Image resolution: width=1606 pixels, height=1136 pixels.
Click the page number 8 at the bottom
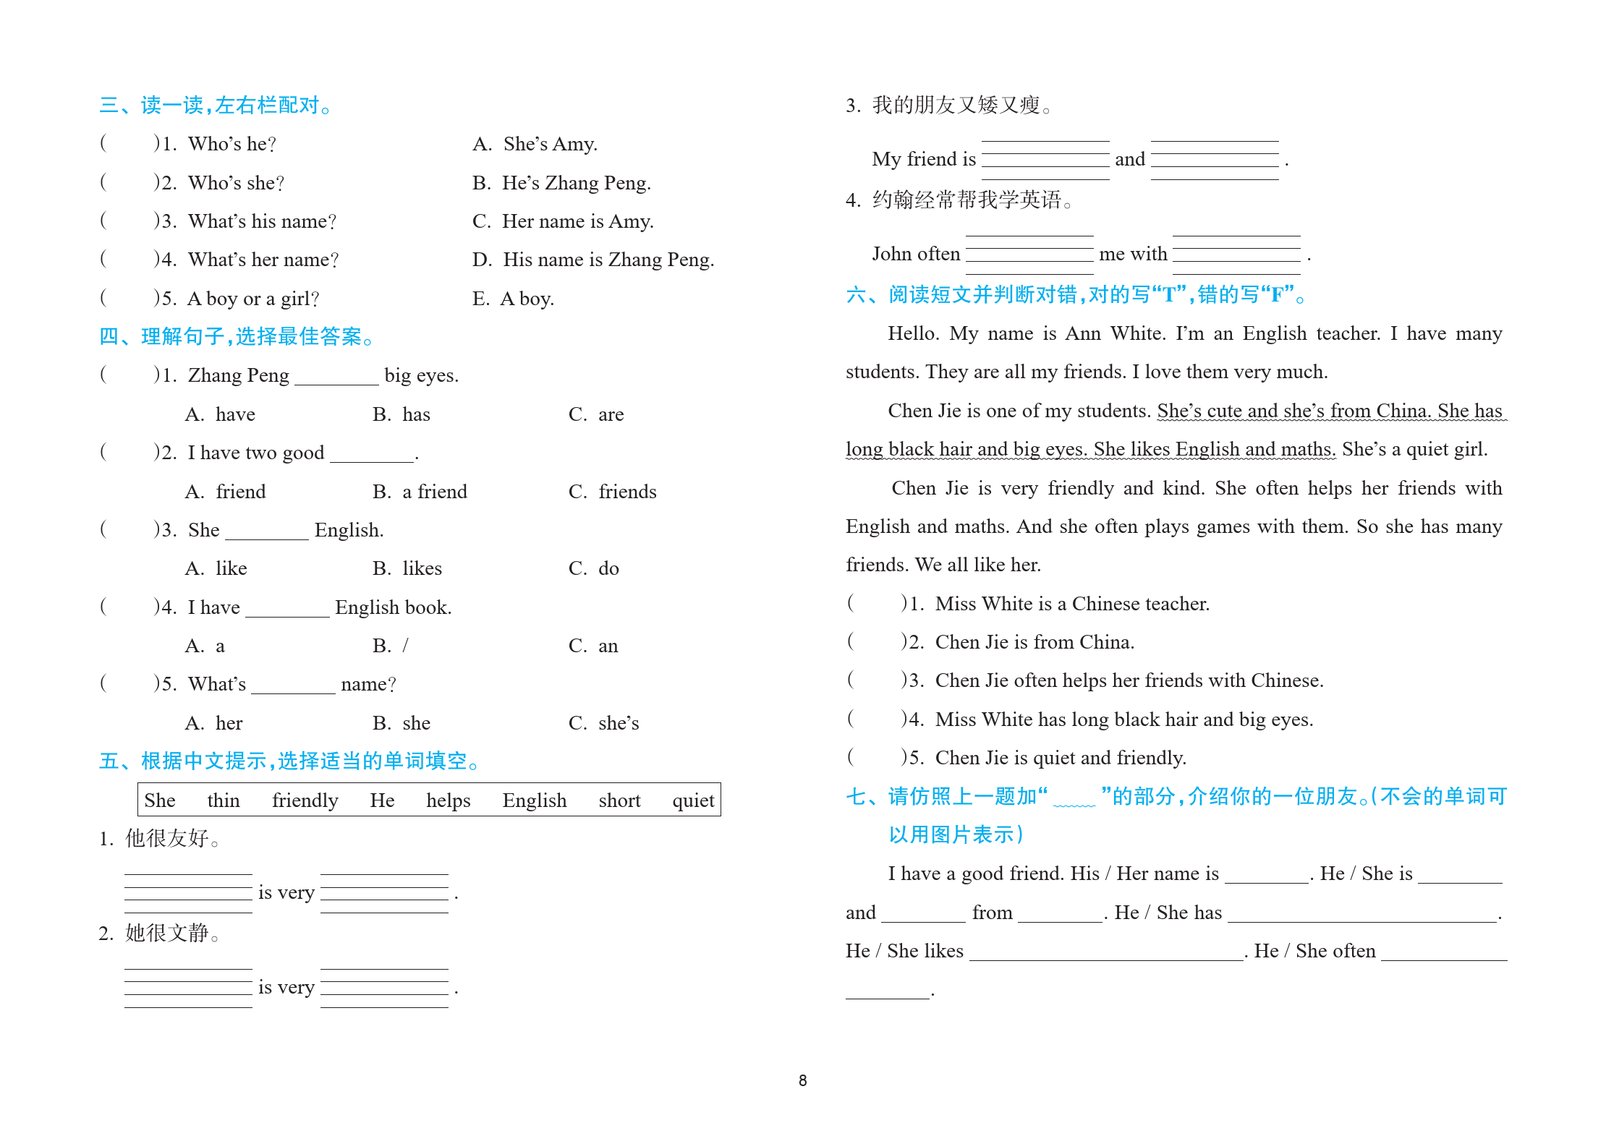pyautogui.click(x=802, y=1080)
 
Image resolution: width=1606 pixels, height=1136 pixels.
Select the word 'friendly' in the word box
pyautogui.click(x=305, y=800)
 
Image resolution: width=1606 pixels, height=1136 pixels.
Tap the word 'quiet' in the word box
pyautogui.click(x=692, y=800)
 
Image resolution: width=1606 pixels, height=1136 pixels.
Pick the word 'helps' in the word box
pyautogui.click(x=448, y=800)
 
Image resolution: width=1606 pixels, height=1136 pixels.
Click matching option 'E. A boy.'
pyautogui.click(x=513, y=299)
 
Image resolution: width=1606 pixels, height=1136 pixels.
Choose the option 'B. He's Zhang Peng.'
pyautogui.click(x=561, y=183)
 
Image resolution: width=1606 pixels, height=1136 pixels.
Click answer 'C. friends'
pyautogui.click(x=612, y=492)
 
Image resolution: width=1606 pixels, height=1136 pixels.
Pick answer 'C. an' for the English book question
pyautogui.click(x=593, y=646)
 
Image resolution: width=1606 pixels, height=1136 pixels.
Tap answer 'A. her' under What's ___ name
pyautogui.click(x=214, y=723)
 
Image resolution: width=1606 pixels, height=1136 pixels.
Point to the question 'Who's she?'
pyautogui.click(x=236, y=183)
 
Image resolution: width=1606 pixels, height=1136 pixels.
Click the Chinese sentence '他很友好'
pyautogui.click(x=166, y=838)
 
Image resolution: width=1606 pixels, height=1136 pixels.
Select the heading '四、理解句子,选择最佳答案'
pyautogui.click(x=236, y=336)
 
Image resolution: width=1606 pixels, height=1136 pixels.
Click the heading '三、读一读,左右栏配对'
pyautogui.click(x=215, y=106)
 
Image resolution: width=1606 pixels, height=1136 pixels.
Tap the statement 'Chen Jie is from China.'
pyautogui.click(x=1034, y=642)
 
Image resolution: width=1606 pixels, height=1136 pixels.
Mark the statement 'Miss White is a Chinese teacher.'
pyautogui.click(x=1072, y=604)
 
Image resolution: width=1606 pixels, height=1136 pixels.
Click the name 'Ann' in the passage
pyautogui.click(x=1083, y=333)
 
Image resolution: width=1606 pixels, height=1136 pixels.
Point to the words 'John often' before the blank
pyautogui.click(x=916, y=254)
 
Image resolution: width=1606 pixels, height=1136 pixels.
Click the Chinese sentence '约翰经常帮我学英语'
pyautogui.click(x=966, y=200)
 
